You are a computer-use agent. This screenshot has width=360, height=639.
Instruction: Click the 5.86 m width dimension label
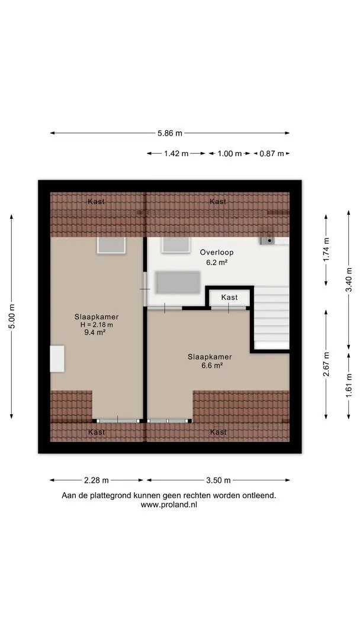pos(170,133)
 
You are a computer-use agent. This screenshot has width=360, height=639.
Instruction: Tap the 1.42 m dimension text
pos(176,154)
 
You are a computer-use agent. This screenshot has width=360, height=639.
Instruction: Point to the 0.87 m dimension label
pos(272,154)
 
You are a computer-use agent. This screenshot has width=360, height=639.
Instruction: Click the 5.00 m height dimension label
pos(11,317)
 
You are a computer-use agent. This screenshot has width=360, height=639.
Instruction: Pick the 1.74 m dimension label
pos(326,250)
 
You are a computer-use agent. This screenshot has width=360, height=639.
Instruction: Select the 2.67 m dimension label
pos(326,363)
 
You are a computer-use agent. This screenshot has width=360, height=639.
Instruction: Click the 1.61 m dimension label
pos(349,385)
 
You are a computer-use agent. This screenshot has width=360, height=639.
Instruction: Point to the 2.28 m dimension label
pos(97,480)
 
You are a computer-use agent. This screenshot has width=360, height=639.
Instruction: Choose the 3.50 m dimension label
pos(218,480)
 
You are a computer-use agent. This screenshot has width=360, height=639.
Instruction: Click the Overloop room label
pos(217,253)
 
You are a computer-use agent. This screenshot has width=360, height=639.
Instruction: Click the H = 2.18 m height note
pos(97,324)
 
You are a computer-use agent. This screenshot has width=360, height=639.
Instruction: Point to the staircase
pos(272,318)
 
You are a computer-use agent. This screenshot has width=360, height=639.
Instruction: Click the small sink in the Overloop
pos(267,240)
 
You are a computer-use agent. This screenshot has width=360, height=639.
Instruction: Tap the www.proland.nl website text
pos(169,505)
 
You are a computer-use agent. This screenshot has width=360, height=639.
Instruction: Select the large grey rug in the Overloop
pos(178,282)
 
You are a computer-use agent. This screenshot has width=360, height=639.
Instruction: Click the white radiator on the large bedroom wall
pos(57,359)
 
